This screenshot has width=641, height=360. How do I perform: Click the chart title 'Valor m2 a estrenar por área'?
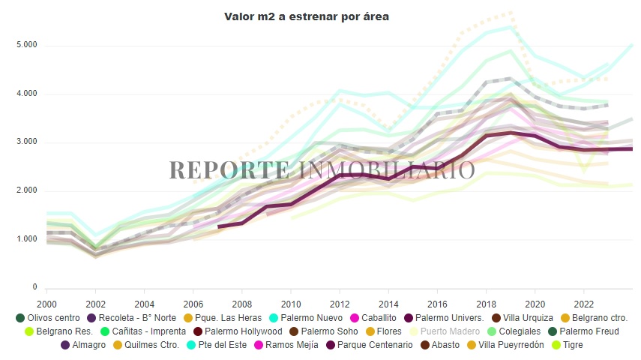tap(307, 16)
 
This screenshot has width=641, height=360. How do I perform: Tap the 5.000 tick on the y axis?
tap(26, 46)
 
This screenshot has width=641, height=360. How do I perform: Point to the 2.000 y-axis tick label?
tap(26, 190)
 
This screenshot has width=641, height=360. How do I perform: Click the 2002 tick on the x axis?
tap(95, 303)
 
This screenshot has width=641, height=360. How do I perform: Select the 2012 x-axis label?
tap(340, 303)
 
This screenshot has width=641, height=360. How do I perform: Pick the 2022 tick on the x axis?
tap(584, 303)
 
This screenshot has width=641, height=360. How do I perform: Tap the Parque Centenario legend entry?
tap(374, 345)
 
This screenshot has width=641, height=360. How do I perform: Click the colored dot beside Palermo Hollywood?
tap(198, 331)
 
